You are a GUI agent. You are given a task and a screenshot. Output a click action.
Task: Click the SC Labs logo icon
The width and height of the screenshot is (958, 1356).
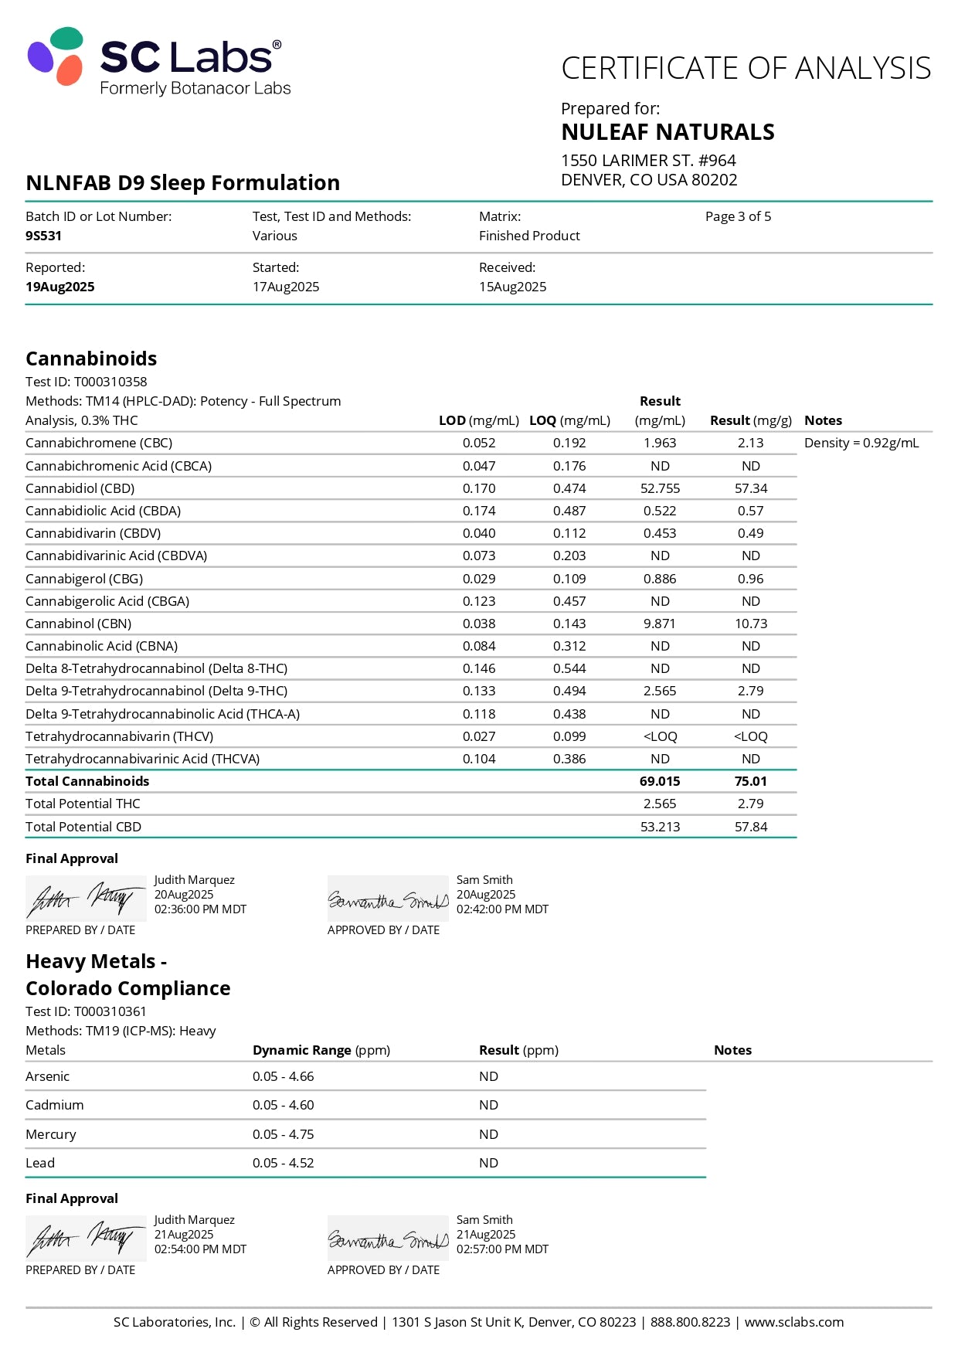coord(56,56)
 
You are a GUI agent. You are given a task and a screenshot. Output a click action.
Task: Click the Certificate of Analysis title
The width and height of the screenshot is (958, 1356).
coord(746,68)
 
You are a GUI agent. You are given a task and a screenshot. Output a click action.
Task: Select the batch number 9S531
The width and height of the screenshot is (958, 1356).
coord(43,236)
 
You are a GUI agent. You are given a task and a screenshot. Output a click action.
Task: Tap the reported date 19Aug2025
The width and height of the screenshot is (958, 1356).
coord(59,287)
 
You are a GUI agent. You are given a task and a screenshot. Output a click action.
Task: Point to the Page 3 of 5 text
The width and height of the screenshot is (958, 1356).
coord(738,216)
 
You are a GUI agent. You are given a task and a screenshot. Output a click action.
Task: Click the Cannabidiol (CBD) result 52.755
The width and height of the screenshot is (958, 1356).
coord(660,488)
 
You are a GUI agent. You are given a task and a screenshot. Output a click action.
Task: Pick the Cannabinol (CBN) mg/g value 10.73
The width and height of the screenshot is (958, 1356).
coord(750,624)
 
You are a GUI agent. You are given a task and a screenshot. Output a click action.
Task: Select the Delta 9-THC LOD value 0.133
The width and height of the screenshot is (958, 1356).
coord(479,691)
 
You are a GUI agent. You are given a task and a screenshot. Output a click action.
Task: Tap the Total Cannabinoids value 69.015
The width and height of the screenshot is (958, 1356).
coord(660,781)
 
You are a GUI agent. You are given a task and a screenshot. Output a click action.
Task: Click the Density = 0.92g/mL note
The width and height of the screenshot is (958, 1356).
coord(861,443)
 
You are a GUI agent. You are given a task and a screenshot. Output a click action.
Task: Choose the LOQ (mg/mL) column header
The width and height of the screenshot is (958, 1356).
coord(569,420)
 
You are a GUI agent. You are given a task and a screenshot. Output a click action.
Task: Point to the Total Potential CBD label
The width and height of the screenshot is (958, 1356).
coord(83,827)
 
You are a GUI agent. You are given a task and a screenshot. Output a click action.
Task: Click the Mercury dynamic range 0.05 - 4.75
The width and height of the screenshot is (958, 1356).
coord(283,1134)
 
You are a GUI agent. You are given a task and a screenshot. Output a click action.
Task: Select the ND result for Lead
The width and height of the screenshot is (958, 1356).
coord(488,1163)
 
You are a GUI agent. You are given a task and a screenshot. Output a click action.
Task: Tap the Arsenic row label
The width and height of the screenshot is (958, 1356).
coord(47,1076)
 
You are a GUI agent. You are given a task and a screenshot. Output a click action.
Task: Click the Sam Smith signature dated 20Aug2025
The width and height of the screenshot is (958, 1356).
coord(388,900)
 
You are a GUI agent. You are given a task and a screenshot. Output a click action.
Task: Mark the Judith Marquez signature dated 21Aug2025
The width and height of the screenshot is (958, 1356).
coord(85,1239)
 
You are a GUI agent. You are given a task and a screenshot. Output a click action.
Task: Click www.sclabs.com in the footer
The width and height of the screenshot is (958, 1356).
coord(793,1322)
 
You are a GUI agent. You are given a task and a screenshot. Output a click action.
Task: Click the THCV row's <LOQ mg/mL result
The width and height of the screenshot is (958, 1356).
coord(660,736)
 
